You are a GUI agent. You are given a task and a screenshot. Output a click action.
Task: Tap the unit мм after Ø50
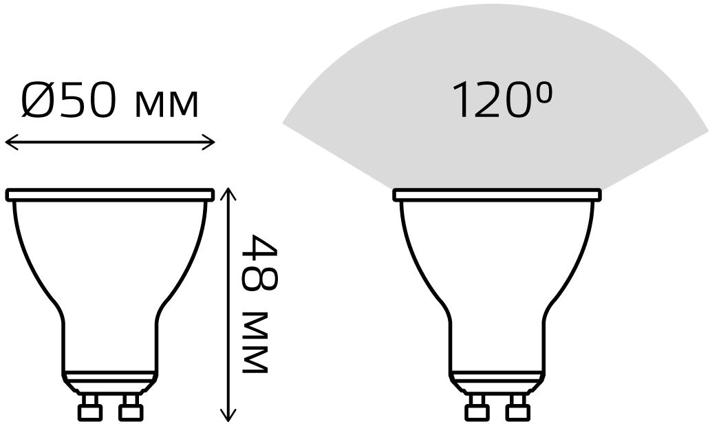(x=167, y=105)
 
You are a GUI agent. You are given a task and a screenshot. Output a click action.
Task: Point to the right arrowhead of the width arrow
(x=208, y=142)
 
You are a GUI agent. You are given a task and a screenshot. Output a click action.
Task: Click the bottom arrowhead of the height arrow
(x=228, y=413)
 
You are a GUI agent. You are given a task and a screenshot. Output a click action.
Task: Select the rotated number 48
(x=259, y=263)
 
